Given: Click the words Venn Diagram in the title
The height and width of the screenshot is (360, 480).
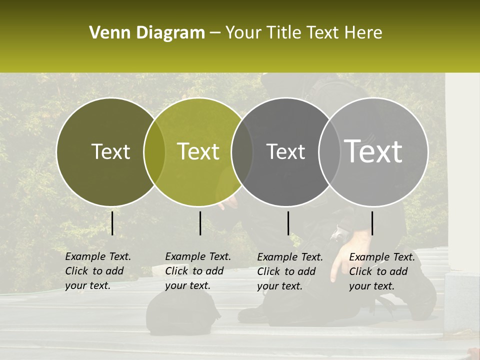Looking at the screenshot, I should point(147,33).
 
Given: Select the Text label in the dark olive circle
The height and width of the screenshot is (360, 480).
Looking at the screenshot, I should point(110,151).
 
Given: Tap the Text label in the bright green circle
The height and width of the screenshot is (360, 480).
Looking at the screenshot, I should point(198,151).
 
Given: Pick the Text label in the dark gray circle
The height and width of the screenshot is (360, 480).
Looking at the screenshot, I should point(285,151).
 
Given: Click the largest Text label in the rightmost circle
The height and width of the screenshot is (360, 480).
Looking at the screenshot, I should point(373,151).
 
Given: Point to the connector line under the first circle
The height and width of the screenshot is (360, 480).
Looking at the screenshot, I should point(112,223).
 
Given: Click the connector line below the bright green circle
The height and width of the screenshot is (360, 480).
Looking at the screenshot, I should point(200,223).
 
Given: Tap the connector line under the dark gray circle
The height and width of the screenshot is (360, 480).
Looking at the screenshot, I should point(288,223).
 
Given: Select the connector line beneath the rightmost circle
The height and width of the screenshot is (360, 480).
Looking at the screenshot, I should point(372,223).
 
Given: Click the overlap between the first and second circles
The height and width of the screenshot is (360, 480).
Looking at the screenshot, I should point(154,151).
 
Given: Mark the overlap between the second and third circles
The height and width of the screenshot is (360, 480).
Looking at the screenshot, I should point(242,151).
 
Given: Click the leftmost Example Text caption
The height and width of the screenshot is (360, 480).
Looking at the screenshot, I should point(97,271).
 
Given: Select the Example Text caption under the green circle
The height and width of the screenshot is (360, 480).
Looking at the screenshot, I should point(197,271).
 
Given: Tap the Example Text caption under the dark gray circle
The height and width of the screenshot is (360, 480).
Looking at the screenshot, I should point(289,271).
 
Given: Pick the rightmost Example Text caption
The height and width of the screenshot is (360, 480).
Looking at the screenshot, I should point(381,271).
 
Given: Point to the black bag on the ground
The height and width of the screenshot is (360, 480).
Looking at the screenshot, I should point(182,312).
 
